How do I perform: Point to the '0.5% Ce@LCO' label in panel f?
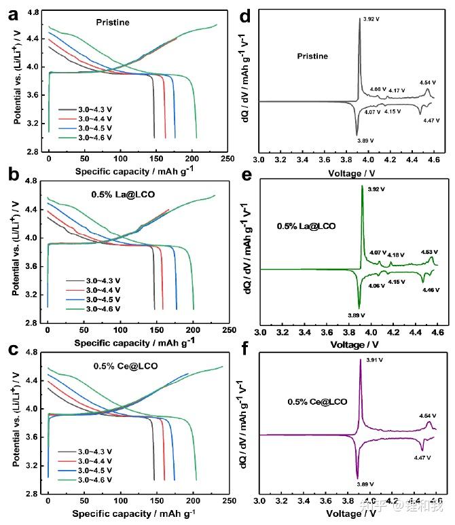point(317,402)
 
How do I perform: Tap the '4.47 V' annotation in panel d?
point(428,120)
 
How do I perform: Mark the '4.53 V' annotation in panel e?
point(429,252)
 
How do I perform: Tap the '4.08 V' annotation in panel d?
point(378,90)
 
